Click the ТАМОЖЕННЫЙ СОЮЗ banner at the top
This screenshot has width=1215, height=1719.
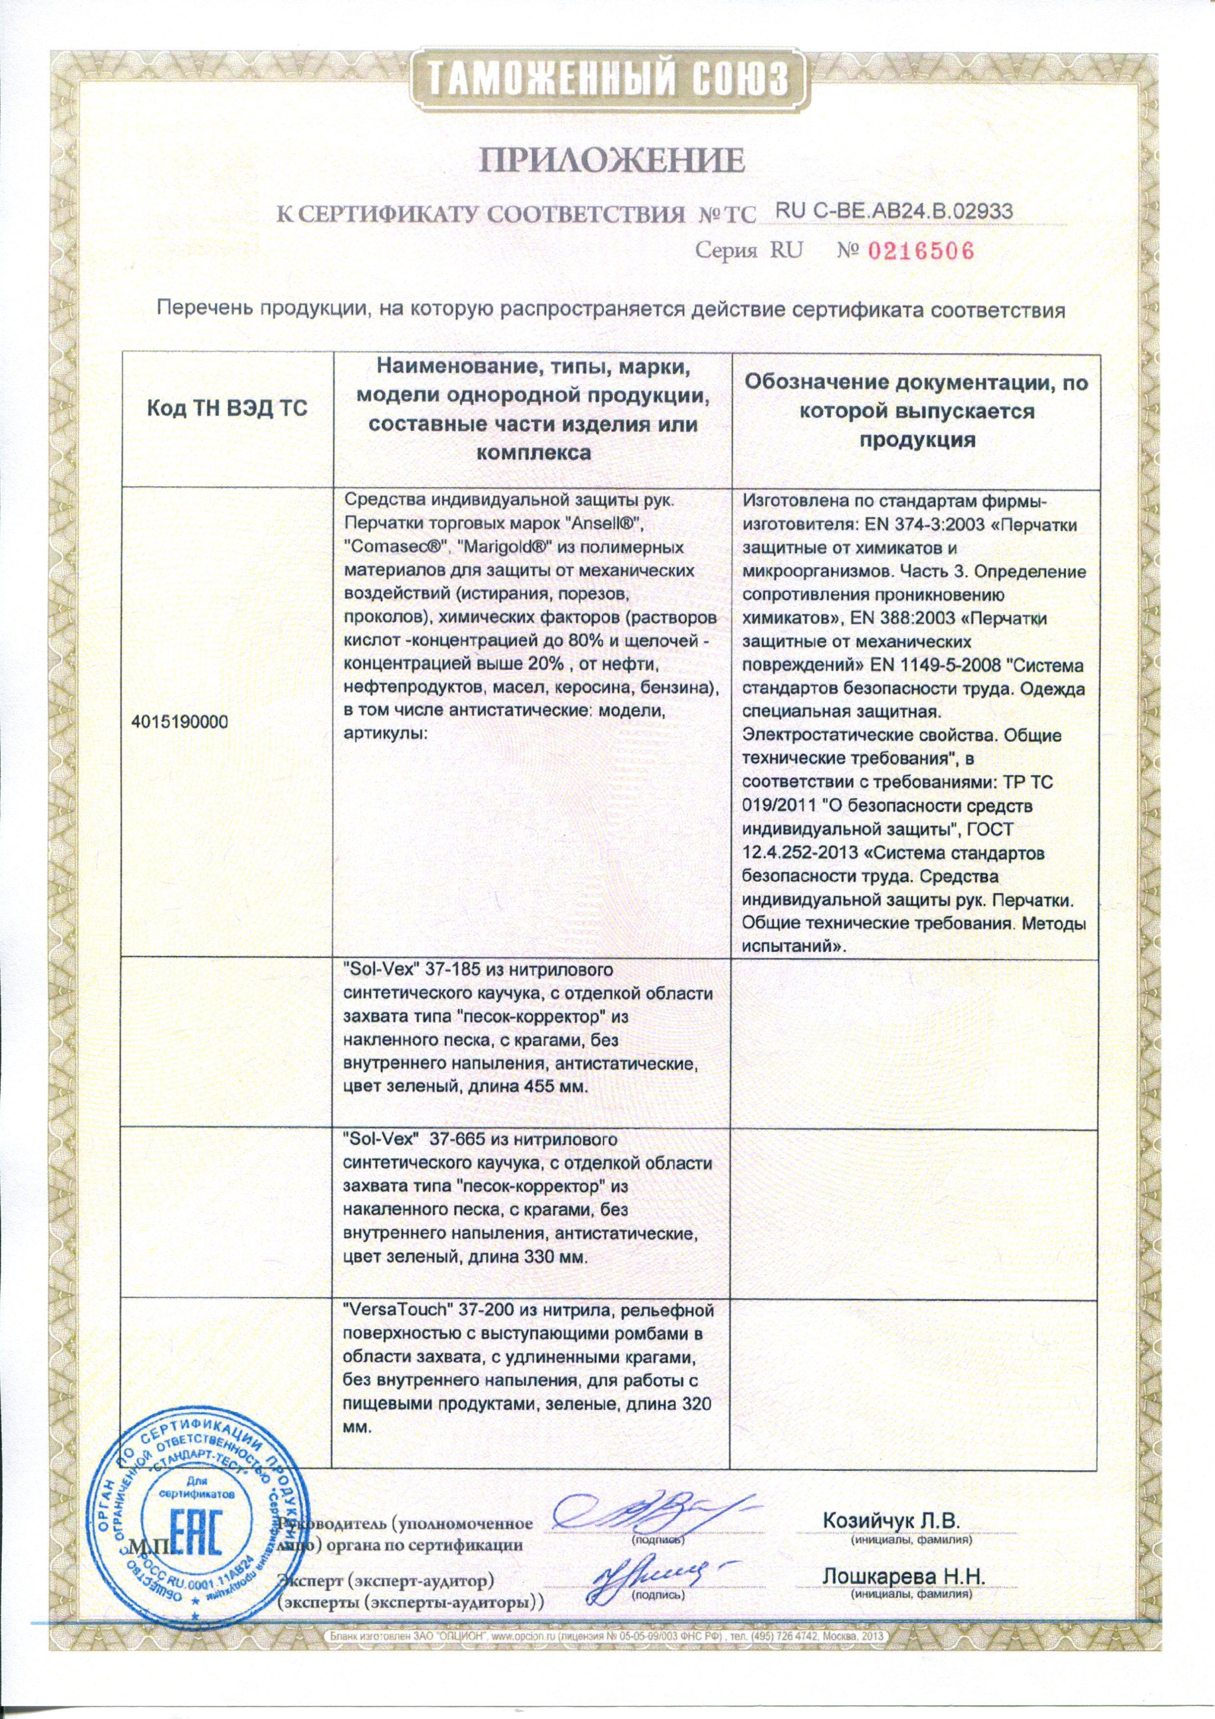pyautogui.click(x=608, y=76)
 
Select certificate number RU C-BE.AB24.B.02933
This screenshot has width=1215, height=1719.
pyautogui.click(x=895, y=211)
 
